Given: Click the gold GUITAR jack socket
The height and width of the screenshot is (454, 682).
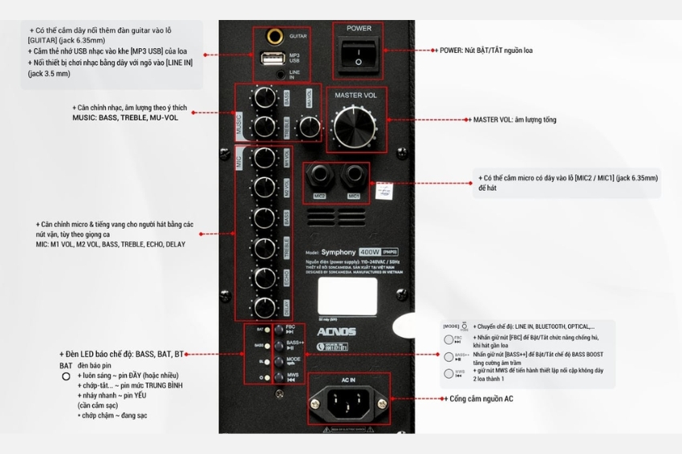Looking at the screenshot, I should coord(274,37).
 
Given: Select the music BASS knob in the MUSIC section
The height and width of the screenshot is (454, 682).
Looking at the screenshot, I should coord(263,99).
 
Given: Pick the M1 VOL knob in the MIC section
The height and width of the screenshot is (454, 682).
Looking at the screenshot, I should coord(263,156).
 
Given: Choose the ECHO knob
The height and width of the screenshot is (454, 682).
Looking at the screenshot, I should coord(263,278).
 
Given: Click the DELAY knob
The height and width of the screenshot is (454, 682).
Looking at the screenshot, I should coord(263,307).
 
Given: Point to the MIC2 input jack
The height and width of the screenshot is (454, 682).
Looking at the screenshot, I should coord(319,176).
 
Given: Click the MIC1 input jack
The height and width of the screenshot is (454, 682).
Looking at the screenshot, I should coord(353,176).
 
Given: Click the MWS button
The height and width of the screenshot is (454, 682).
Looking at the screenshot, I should coord(278,376).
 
